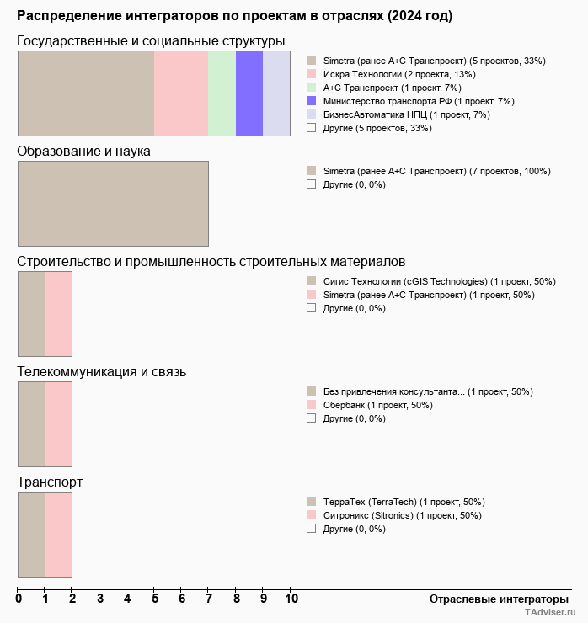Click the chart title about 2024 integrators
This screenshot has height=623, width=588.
point(234,16)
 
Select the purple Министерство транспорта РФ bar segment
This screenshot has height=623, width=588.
point(249,93)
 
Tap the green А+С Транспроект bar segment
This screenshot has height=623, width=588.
point(222,93)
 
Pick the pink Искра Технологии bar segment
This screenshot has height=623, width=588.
point(181,93)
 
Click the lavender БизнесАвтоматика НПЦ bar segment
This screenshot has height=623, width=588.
point(276,93)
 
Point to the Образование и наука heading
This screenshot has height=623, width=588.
point(84,152)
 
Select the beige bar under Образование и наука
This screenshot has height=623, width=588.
point(113,203)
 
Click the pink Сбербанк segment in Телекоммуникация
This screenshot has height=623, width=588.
point(58,423)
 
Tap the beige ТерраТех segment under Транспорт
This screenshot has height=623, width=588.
point(31,534)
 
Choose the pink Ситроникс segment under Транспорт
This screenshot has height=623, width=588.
point(58,534)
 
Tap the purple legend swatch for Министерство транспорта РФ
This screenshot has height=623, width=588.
point(312,101)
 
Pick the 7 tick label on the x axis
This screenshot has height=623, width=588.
point(209,599)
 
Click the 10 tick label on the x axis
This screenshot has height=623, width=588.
point(291,599)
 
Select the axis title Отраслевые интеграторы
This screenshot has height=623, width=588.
point(494,599)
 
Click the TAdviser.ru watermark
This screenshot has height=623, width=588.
point(551,613)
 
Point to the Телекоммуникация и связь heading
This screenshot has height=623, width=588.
point(102,372)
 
